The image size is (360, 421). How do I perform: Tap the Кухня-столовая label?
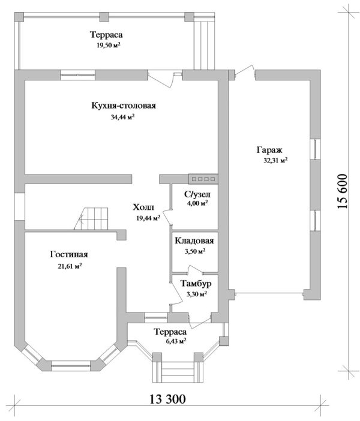click(x=124, y=106)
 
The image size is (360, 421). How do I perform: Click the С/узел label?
click(x=197, y=195)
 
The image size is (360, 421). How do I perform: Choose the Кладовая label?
click(x=194, y=241)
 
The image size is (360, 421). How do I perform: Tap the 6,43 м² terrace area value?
click(x=172, y=341)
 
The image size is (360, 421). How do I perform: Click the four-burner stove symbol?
click(x=202, y=178)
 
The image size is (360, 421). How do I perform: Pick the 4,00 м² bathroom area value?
click(x=197, y=204)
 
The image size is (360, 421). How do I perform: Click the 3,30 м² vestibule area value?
click(x=196, y=294)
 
